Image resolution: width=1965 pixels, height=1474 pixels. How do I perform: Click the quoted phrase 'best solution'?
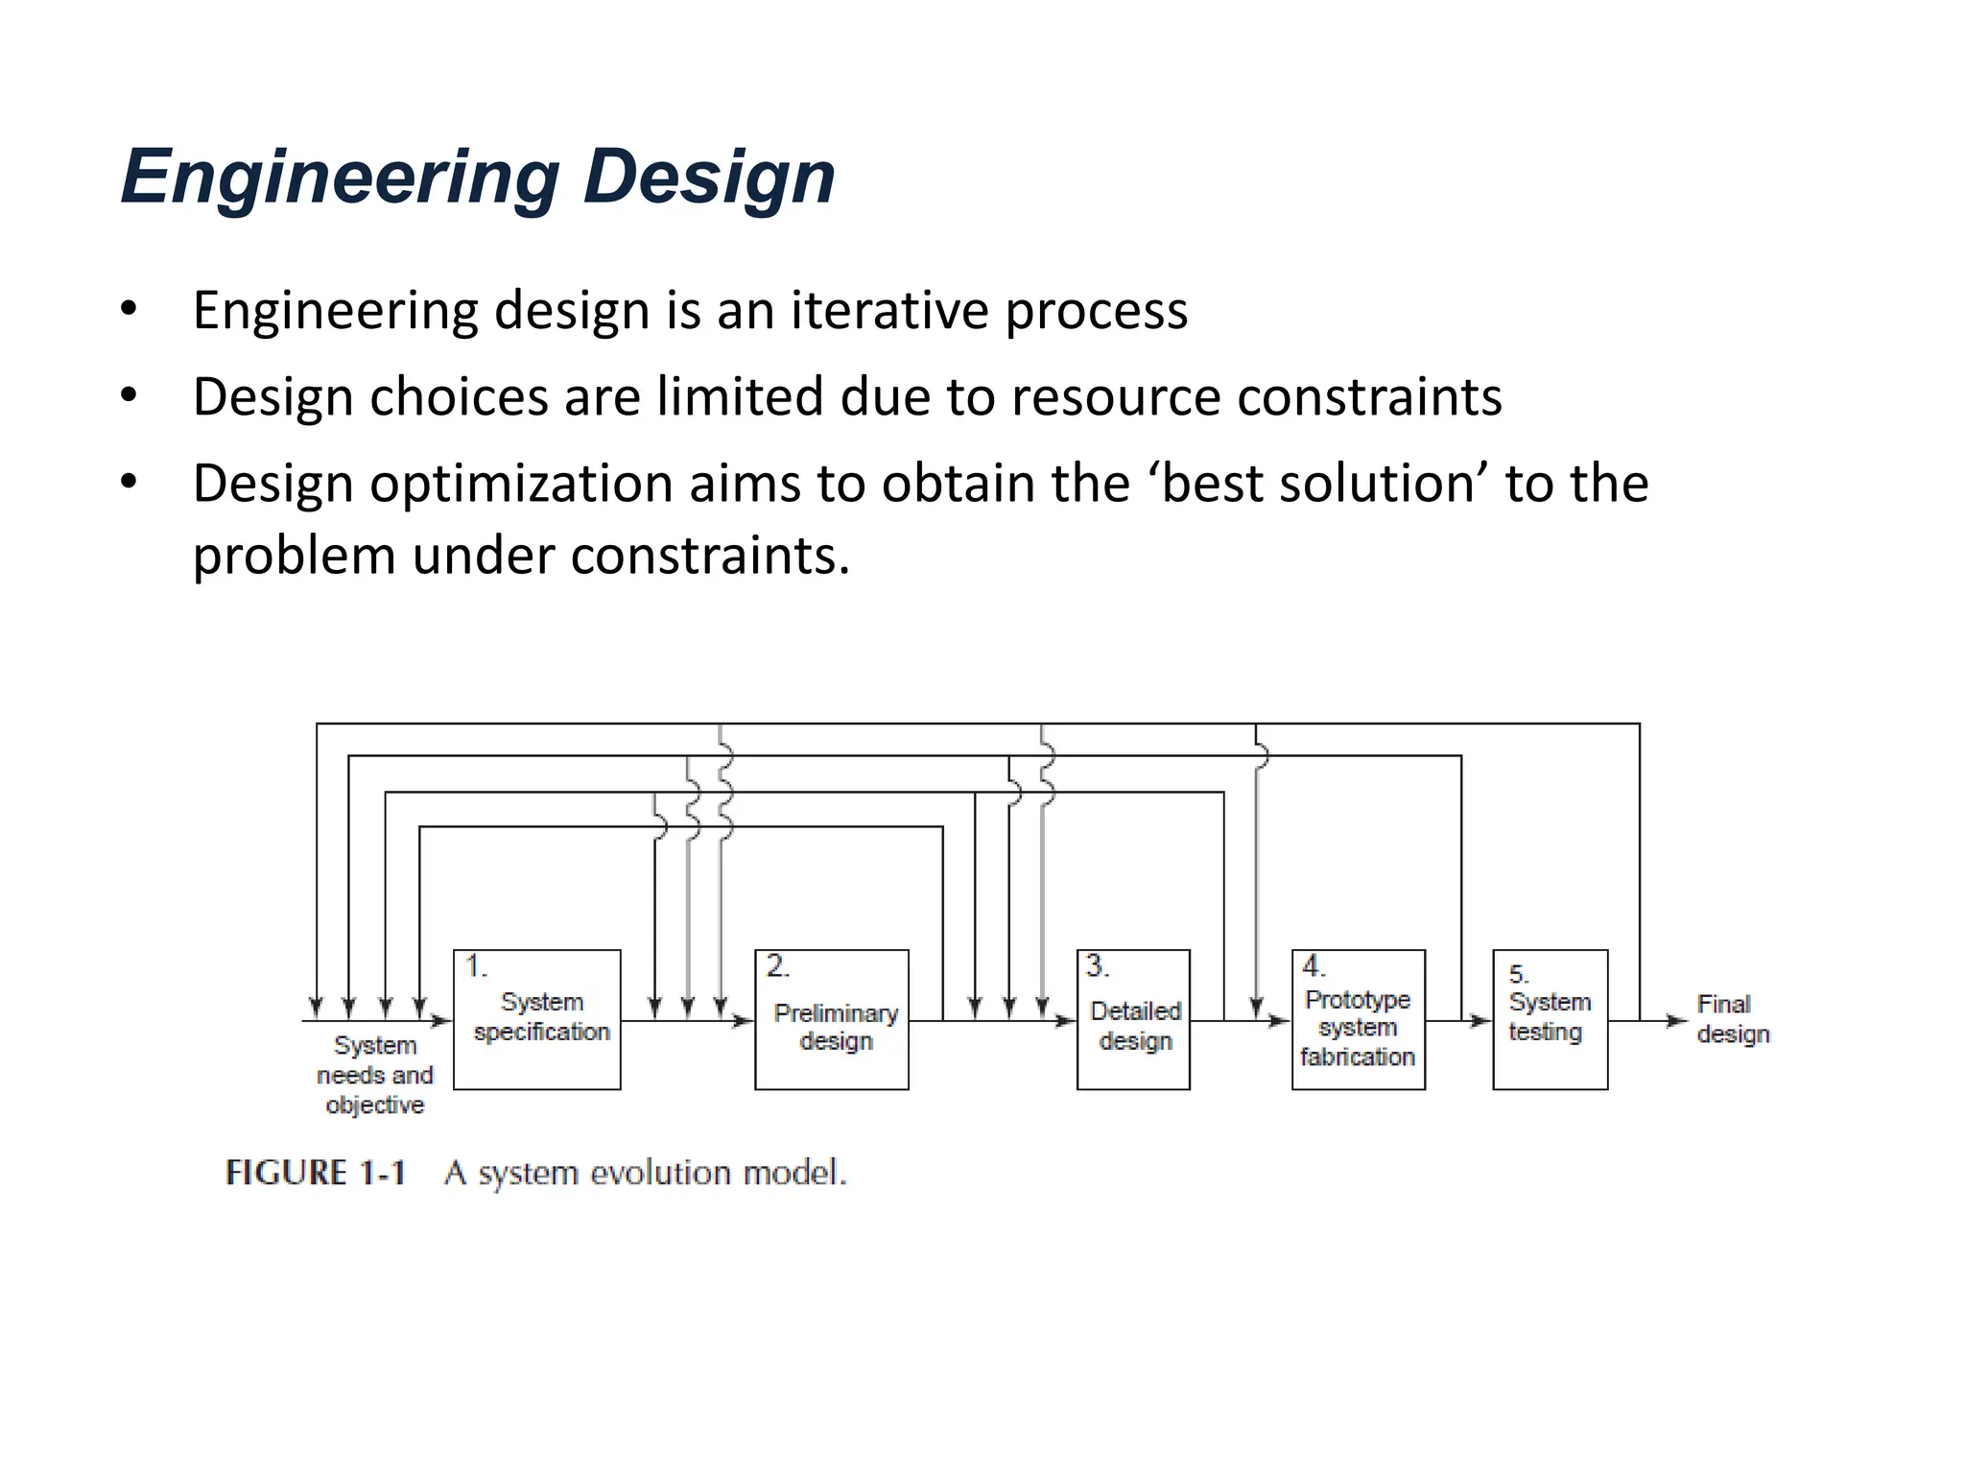pyautogui.click(x=1317, y=484)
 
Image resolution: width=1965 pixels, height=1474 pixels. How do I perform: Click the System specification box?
pyautogui.click(x=537, y=1019)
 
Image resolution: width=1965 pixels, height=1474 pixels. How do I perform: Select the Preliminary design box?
pyautogui.click(x=832, y=1019)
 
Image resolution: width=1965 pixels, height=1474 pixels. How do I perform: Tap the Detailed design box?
pyautogui.click(x=1133, y=1019)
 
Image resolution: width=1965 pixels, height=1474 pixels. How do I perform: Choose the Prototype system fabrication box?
pyautogui.click(x=1358, y=1019)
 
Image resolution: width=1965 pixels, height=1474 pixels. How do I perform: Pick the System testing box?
pyautogui.click(x=1550, y=1019)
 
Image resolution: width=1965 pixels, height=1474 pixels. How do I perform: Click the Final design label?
pyautogui.click(x=1732, y=1019)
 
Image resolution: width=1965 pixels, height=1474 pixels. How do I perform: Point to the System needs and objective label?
pyautogui.click(x=374, y=1075)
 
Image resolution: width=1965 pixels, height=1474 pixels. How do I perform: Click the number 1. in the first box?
pyautogui.click(x=476, y=965)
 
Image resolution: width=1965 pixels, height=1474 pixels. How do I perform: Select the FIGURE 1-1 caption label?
pyautogui.click(x=316, y=1173)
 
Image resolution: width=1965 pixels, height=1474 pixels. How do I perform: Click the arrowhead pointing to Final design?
pyautogui.click(x=1676, y=1021)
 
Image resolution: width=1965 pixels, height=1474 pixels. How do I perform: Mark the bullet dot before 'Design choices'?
pyautogui.click(x=130, y=395)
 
